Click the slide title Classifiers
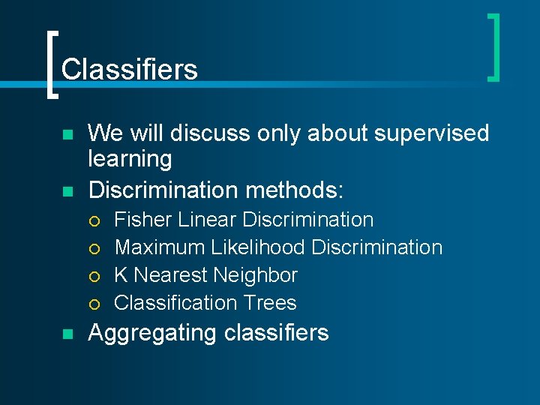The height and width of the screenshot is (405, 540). point(129,70)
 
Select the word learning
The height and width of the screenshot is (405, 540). point(130,159)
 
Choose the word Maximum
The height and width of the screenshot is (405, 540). point(160,247)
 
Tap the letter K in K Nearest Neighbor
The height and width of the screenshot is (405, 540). point(120,275)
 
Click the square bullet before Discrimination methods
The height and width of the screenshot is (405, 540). point(67,191)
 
